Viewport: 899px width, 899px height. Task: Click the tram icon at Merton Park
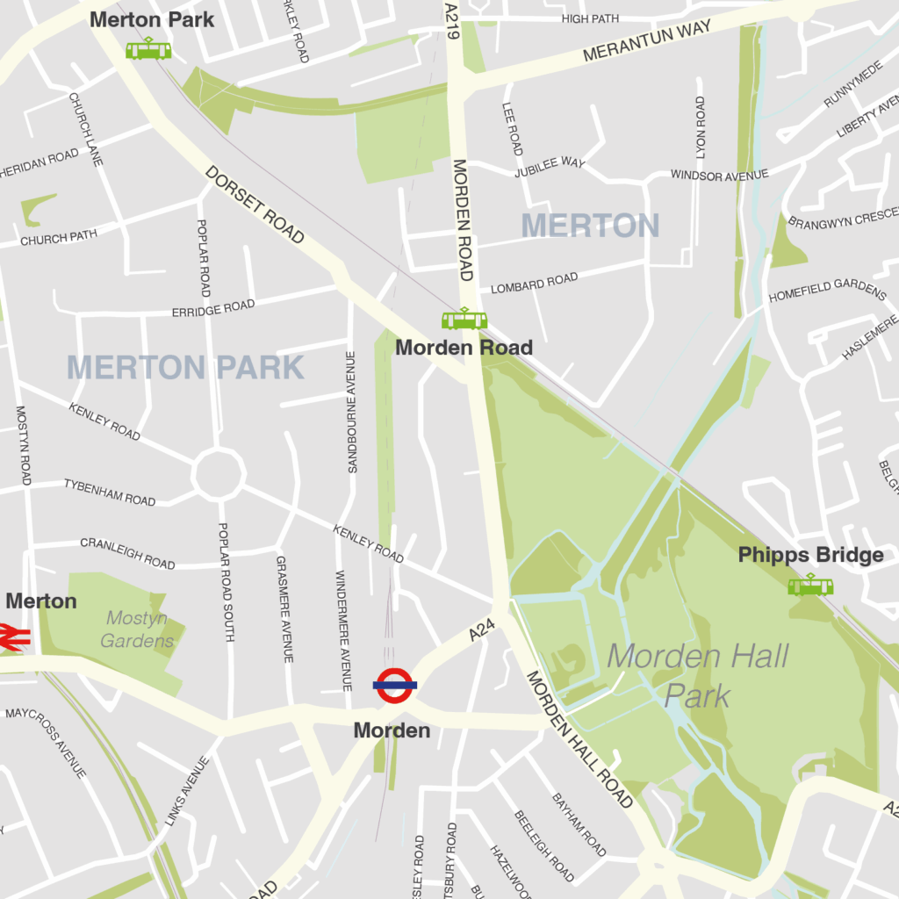148,49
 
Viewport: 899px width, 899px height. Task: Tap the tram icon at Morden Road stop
464,319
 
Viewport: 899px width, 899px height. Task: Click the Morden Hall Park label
698,675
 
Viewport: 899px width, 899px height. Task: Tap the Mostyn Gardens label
137,629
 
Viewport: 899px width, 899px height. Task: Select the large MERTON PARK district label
185,367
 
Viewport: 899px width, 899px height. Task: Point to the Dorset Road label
255,205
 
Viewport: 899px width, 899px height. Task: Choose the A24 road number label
482,629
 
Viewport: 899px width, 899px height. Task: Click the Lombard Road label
534,283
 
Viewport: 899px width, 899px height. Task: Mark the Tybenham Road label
110,493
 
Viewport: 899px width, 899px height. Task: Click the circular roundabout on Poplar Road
219,474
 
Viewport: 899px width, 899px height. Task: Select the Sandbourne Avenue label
351,412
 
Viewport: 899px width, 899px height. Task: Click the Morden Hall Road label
579,739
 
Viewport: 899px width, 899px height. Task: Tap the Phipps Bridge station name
810,555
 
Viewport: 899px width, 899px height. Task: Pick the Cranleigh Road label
128,553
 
